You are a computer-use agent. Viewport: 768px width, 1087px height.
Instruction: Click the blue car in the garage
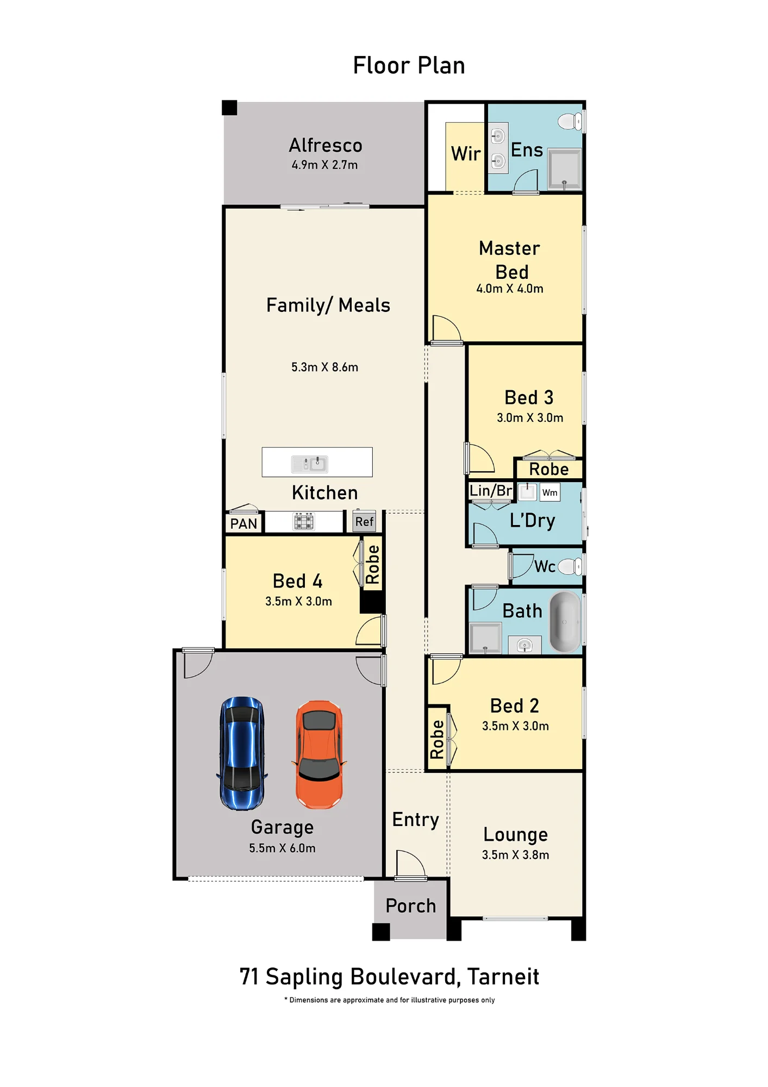click(x=242, y=753)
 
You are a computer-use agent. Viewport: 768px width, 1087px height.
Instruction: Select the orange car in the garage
click(x=319, y=754)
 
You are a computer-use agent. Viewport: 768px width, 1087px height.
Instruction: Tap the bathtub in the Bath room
click(x=565, y=621)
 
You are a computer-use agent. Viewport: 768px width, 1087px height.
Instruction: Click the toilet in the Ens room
click(x=570, y=121)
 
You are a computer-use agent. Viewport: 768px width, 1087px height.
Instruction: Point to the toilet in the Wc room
click(x=570, y=566)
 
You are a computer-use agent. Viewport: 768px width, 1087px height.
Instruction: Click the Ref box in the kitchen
click(x=364, y=522)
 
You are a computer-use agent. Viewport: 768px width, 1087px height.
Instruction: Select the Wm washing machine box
click(x=550, y=492)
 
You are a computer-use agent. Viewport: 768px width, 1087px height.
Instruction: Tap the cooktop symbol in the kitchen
click(x=304, y=522)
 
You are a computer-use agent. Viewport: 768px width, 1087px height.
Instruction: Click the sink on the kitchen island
click(x=310, y=464)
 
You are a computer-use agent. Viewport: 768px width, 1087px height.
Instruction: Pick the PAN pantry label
click(x=243, y=523)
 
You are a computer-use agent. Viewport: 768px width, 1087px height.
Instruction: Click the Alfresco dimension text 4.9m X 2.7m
click(x=324, y=165)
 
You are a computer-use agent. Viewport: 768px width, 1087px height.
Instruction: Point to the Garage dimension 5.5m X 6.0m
click(x=282, y=848)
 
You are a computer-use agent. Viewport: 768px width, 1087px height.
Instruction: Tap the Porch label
click(x=411, y=906)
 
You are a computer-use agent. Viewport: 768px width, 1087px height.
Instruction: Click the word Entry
click(x=416, y=820)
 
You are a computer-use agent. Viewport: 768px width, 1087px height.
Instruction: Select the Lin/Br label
click(x=491, y=491)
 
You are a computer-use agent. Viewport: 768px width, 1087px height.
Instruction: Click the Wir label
click(x=466, y=154)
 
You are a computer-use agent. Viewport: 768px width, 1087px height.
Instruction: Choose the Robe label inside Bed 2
click(x=437, y=739)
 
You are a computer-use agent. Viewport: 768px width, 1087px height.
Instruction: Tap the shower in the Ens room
click(x=565, y=168)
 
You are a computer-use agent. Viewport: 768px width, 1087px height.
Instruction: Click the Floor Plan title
click(x=409, y=65)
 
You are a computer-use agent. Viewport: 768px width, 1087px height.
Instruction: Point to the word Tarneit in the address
click(x=503, y=977)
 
